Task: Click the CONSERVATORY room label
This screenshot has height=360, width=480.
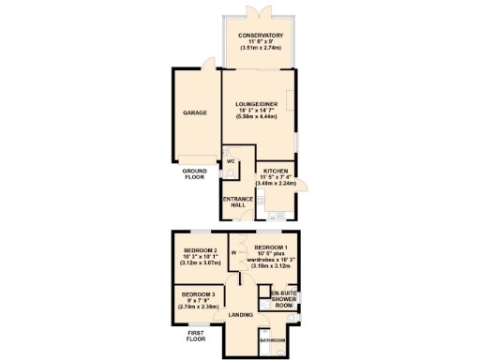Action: point(260,35)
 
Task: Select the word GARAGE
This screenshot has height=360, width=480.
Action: point(194,112)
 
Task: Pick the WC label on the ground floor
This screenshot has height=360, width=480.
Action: point(230,160)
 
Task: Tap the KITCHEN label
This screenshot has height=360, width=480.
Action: point(277,171)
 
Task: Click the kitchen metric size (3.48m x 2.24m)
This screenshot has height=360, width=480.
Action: point(277,183)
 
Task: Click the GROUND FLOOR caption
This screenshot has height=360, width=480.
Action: point(194,173)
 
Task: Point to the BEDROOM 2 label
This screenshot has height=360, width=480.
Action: point(200,250)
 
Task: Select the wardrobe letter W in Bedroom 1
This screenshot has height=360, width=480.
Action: point(233,252)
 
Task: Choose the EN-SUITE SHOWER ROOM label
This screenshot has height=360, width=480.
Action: point(283,299)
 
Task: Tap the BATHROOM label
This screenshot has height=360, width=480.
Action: point(273,339)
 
